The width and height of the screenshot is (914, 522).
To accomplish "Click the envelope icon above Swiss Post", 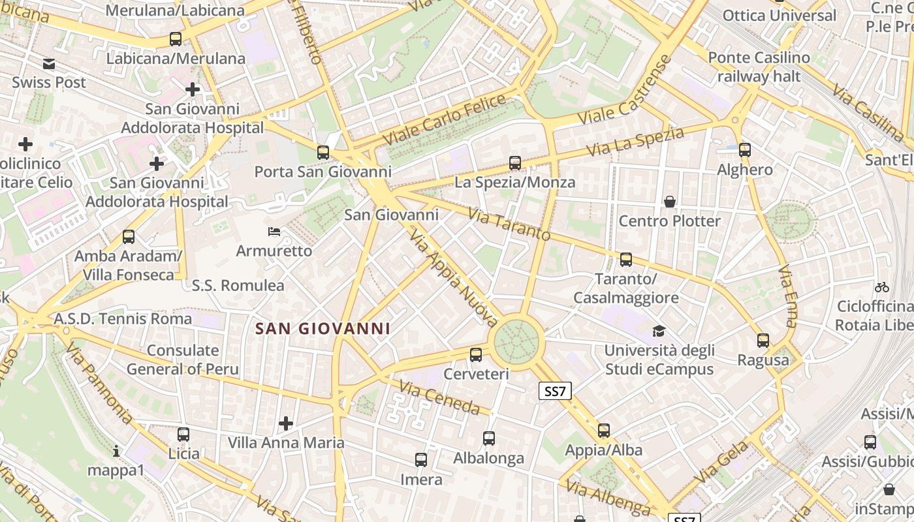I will [49, 64].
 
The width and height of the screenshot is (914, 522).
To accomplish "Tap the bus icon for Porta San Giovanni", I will [323, 153].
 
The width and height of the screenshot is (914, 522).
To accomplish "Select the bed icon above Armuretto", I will [274, 232].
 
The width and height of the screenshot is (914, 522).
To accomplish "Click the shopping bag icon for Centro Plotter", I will [669, 202].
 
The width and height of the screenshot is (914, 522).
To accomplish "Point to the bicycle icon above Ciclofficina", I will [882, 286].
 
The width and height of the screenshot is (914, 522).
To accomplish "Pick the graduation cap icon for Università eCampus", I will [659, 331].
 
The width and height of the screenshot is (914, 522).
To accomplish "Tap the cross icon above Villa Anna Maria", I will [286, 423].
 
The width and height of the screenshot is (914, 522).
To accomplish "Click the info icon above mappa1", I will [116, 451].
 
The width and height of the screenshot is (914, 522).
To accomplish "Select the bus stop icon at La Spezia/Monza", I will [515, 163].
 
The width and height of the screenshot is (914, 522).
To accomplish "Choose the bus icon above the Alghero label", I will [745, 150].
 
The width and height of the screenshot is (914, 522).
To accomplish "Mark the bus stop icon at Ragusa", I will [763, 341].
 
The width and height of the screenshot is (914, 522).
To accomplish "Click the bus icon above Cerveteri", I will [476, 355].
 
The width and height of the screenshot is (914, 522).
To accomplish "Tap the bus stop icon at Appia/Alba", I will [604, 431].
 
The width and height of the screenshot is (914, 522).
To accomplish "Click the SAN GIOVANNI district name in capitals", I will [323, 329].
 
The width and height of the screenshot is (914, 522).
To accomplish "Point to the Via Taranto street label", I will [509, 224].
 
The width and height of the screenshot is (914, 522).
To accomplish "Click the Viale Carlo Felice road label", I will [444, 120].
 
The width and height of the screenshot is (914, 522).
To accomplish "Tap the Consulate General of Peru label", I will [183, 360].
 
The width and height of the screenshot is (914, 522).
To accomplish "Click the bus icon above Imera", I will [421, 460].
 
